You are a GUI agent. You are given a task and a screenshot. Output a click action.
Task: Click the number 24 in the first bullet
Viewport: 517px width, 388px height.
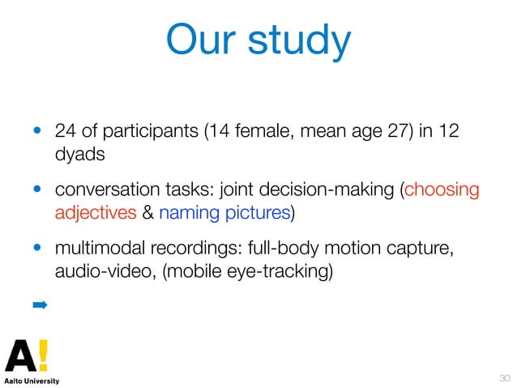click(64, 130)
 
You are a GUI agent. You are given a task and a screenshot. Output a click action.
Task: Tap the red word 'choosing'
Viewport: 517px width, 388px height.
click(442, 190)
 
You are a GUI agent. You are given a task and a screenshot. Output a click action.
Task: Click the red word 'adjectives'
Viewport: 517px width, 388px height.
click(93, 212)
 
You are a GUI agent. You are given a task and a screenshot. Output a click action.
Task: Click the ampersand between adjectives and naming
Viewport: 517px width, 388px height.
click(146, 212)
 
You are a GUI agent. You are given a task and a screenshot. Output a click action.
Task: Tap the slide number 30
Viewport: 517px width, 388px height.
click(504, 377)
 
